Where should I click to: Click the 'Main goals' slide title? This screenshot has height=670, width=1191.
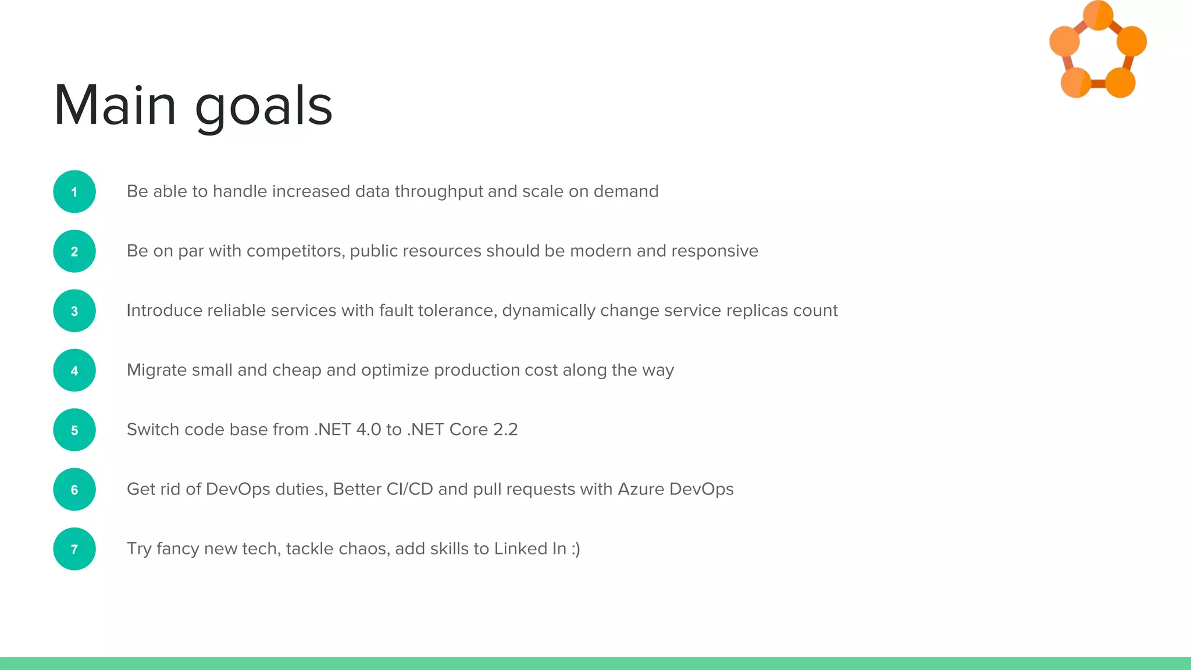pyautogui.click(x=193, y=106)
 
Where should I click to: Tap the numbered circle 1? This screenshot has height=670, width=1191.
pyautogui.click(x=74, y=192)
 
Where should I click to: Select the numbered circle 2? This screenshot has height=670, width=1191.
pyautogui.click(x=74, y=251)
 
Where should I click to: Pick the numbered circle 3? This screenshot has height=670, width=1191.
pyautogui.click(x=74, y=311)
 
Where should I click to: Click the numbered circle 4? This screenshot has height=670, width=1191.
pyautogui.click(x=74, y=370)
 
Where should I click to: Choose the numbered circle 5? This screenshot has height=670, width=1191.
pyautogui.click(x=74, y=430)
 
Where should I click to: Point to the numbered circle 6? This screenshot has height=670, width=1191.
pyautogui.click(x=74, y=490)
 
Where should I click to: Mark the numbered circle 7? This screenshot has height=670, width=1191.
pyautogui.click(x=74, y=549)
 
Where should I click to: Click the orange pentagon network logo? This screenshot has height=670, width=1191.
pyautogui.click(x=1097, y=51)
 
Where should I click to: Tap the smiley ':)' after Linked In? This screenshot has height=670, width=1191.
pyautogui.click(x=575, y=549)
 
